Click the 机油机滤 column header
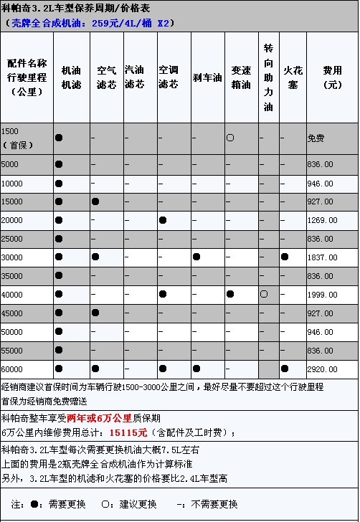(x=71, y=77)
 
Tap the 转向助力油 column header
(x=268, y=77)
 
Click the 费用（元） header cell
(x=332, y=77)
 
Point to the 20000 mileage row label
(x=12, y=219)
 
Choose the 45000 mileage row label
(x=12, y=313)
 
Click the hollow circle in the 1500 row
(x=230, y=136)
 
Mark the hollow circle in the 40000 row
(x=264, y=294)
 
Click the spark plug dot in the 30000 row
(x=285, y=257)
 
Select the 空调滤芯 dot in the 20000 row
(x=164, y=219)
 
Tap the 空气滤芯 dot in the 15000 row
(x=95, y=201)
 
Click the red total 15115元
(x=128, y=432)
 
